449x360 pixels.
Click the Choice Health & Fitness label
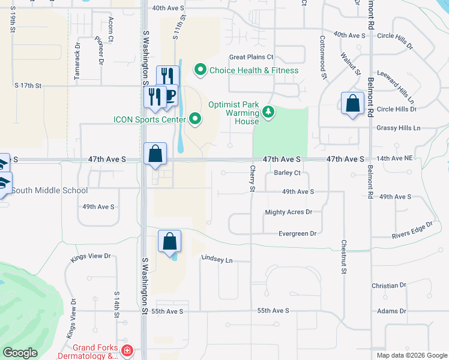[x=253, y=70]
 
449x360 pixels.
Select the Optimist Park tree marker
[x=268, y=112]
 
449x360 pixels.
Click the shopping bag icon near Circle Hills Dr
[x=353, y=103]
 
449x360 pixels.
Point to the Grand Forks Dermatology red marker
[x=127, y=350]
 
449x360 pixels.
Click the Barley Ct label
[x=287, y=173]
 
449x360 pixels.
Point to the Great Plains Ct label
[x=251, y=58]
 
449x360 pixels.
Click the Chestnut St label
[x=344, y=258]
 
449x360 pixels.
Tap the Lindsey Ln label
[x=216, y=260]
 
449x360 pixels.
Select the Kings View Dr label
[x=91, y=257]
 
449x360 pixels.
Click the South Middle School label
[x=49, y=191]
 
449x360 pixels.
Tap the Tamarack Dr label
[x=77, y=53]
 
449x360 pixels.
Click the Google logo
[x=20, y=353]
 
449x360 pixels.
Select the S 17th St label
[x=28, y=86]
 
